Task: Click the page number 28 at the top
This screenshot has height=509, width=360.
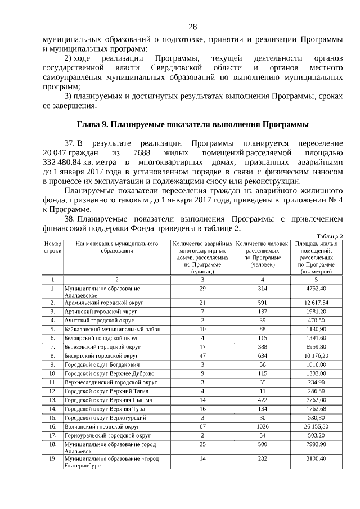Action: tap(192, 27)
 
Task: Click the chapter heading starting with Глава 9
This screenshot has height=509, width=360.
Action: tap(192, 124)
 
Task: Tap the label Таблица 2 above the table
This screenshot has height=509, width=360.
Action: tap(330, 236)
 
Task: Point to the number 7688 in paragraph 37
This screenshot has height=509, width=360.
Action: tap(138, 152)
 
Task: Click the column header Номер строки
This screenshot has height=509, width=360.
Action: tap(52, 247)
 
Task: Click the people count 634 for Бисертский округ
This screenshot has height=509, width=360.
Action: tap(262, 356)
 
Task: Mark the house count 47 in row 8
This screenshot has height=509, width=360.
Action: tap(202, 356)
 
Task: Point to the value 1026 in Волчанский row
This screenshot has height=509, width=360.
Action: tap(262, 427)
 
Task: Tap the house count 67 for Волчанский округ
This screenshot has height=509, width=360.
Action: tap(202, 427)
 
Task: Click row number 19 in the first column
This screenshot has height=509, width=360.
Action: tap(52, 459)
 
